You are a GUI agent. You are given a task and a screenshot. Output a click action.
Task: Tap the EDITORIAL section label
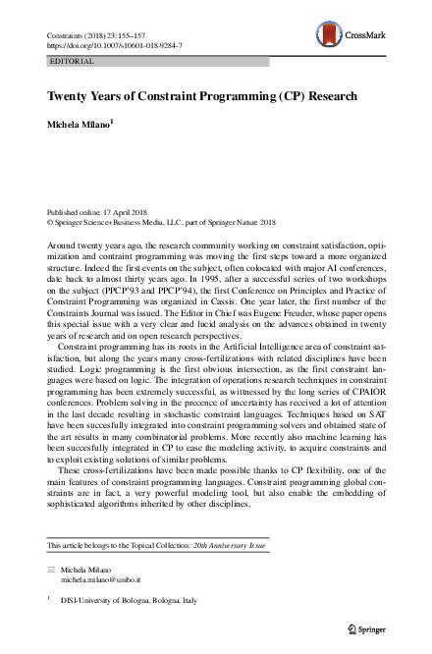72,61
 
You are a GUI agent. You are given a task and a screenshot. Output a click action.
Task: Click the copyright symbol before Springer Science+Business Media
51,223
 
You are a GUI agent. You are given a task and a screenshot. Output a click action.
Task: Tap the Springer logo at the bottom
370,627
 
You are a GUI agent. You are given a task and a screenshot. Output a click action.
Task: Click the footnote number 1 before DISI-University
50,596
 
